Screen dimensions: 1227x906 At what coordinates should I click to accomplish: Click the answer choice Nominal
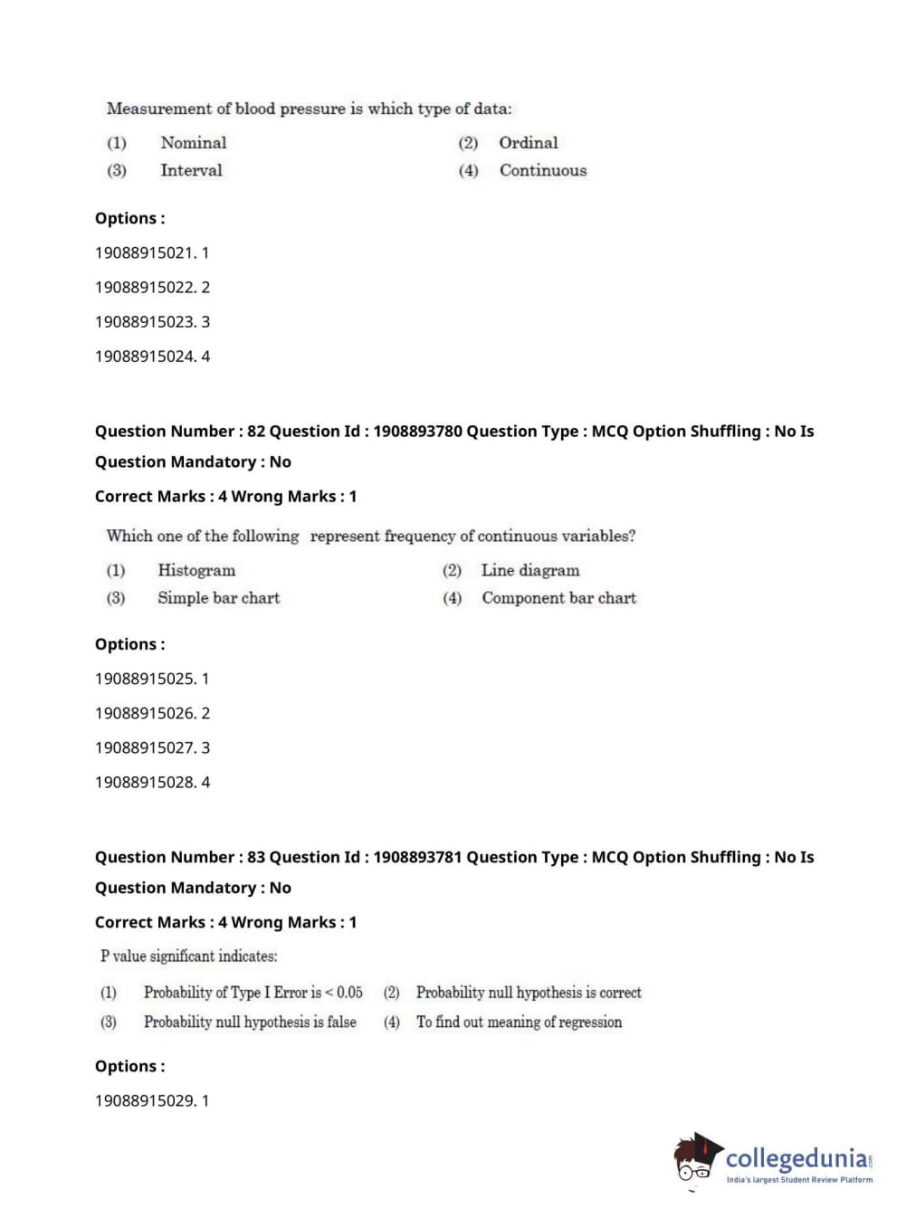coord(193,142)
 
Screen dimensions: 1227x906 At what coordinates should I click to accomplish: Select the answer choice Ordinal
coord(528,142)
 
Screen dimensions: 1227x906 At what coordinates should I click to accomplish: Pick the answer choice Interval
coord(191,170)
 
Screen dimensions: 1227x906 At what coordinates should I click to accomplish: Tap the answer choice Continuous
coord(542,170)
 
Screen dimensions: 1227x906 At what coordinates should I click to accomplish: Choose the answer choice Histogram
coord(196,570)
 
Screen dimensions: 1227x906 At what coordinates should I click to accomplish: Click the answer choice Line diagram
coord(529,570)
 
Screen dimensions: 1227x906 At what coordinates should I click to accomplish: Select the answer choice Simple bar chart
coord(218,598)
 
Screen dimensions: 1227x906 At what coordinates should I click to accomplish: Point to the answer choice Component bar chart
coord(558,598)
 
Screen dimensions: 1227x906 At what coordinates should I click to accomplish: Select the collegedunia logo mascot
coord(697,1159)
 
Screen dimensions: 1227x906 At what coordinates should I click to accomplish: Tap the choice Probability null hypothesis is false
coord(250,1022)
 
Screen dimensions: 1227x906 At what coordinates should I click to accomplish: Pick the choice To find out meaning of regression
coord(519,1022)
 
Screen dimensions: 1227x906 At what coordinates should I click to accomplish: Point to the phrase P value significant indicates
coord(189,956)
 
